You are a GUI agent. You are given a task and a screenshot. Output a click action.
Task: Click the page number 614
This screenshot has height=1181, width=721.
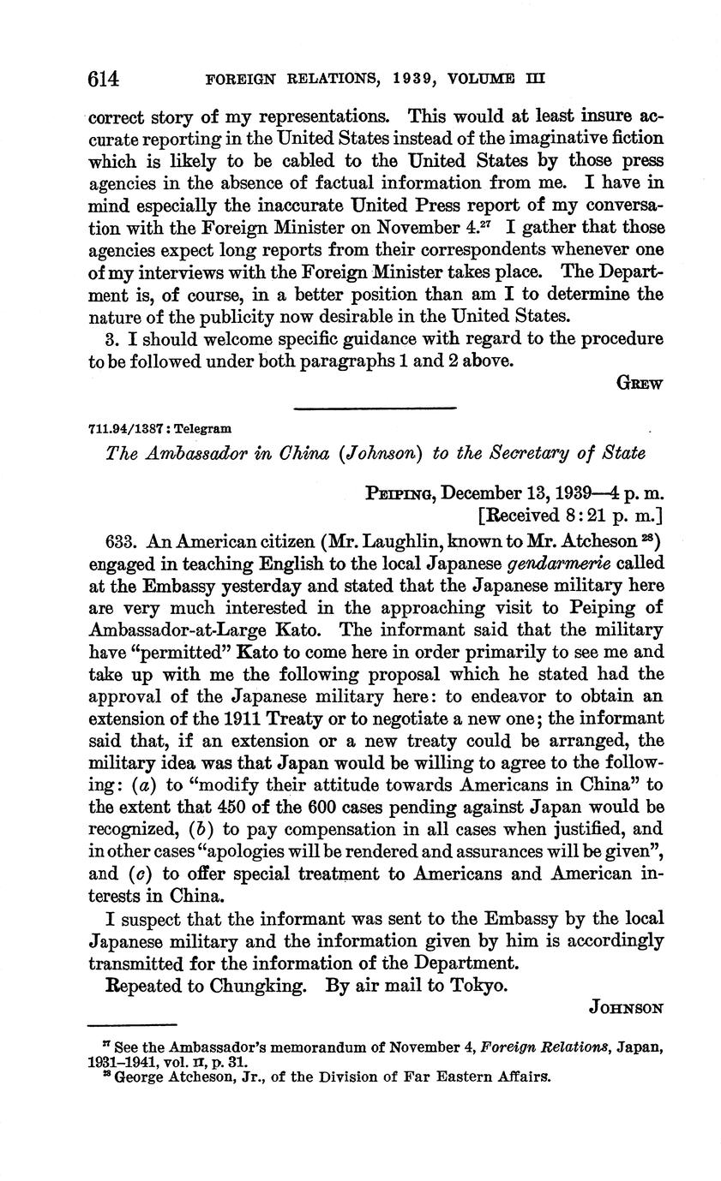(103, 80)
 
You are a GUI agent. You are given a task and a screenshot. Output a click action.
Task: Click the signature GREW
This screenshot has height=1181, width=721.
(640, 384)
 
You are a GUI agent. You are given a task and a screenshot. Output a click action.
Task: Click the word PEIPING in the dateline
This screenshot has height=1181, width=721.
(395, 494)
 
